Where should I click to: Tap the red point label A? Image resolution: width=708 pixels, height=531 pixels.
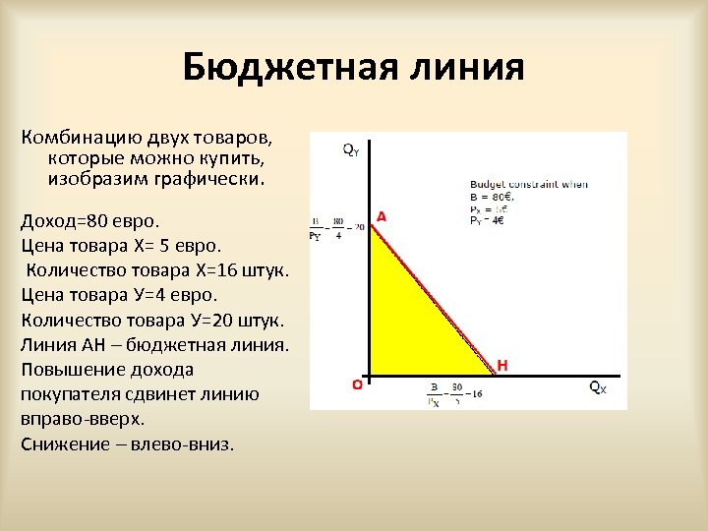click(382, 215)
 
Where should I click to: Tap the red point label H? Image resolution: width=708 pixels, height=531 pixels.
click(502, 365)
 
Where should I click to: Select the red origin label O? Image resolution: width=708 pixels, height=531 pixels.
click(357, 385)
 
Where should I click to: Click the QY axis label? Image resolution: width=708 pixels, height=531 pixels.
click(351, 149)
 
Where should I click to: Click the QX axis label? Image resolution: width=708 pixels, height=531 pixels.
click(598, 387)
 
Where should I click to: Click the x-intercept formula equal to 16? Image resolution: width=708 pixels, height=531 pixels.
click(455, 394)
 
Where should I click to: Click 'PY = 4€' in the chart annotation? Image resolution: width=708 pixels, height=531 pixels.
click(489, 219)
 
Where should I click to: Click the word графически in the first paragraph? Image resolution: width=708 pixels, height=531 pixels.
click(208, 181)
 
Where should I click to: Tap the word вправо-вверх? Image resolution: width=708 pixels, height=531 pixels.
click(82, 419)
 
